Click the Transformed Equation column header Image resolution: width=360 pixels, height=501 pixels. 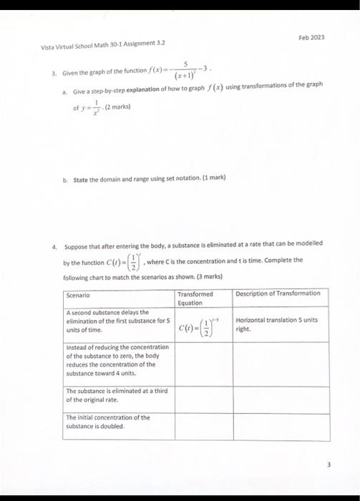(x=194, y=298)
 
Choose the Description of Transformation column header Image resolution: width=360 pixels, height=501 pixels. (x=278, y=293)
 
